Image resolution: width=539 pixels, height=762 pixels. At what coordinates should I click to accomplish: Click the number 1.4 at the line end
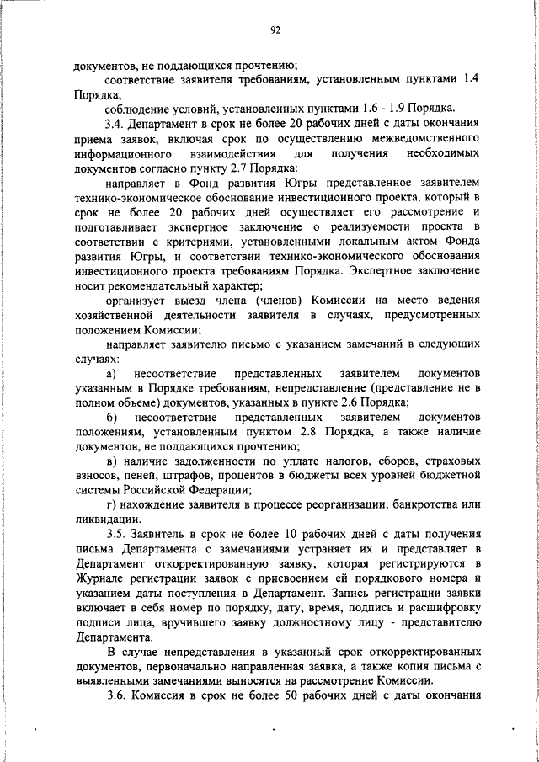(472, 78)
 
